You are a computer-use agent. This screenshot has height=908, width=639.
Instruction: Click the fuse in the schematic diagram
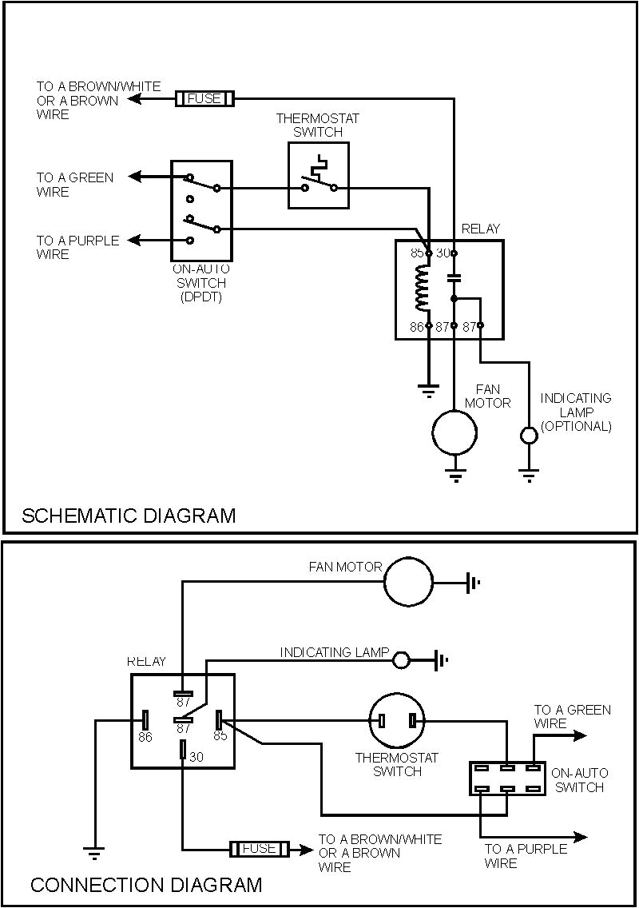(204, 99)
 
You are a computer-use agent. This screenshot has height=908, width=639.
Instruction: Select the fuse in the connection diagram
(258, 849)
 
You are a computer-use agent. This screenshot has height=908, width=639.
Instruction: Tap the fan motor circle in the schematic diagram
(454, 432)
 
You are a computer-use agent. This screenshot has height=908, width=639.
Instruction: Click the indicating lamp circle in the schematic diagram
(529, 436)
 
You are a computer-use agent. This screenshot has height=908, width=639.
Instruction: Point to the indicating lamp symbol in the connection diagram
(402, 660)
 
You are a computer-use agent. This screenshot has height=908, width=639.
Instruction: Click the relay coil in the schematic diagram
(422, 289)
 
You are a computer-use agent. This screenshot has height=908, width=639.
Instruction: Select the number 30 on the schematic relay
(443, 252)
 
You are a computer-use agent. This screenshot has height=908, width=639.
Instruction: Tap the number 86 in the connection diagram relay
(145, 736)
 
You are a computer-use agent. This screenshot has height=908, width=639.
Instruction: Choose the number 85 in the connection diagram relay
(220, 735)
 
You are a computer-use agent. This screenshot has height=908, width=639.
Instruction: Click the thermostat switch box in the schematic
(318, 176)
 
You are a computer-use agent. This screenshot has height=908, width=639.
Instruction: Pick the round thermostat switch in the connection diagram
(397, 721)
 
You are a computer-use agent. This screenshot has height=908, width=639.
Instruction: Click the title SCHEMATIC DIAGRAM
(129, 515)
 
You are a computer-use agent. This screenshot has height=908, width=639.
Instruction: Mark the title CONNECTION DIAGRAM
(145, 885)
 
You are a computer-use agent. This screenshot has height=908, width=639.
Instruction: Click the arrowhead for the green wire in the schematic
(136, 177)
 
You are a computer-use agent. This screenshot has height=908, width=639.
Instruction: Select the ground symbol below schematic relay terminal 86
(429, 390)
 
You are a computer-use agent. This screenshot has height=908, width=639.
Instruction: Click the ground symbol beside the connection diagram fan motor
(474, 583)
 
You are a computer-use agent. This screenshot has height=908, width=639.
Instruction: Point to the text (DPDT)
(200, 297)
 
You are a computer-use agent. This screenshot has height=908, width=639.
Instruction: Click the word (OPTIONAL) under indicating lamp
(576, 426)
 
